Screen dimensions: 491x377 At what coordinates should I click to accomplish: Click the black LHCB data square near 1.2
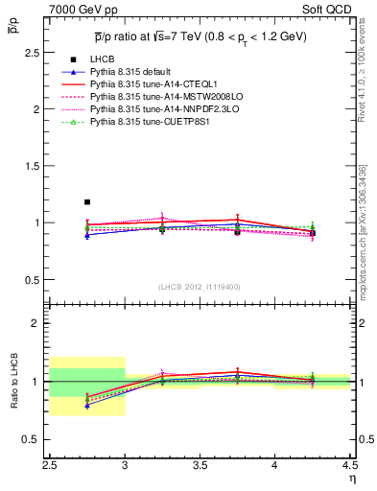87,202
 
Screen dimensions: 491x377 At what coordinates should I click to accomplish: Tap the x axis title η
351,479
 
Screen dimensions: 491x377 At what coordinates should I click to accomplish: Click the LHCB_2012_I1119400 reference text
200,287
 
